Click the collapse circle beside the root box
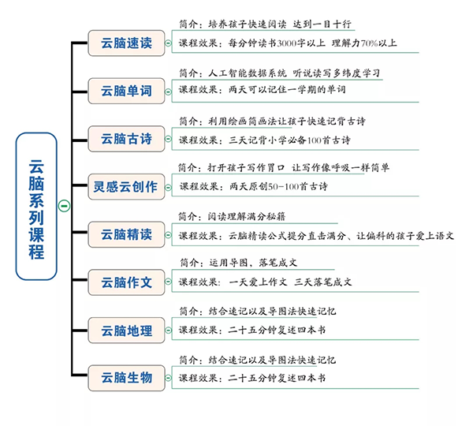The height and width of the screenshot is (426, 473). [65, 207]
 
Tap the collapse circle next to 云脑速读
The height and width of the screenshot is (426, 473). [168, 43]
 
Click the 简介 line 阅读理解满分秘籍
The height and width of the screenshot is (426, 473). [261, 217]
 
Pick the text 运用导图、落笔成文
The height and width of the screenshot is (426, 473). [259, 264]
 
